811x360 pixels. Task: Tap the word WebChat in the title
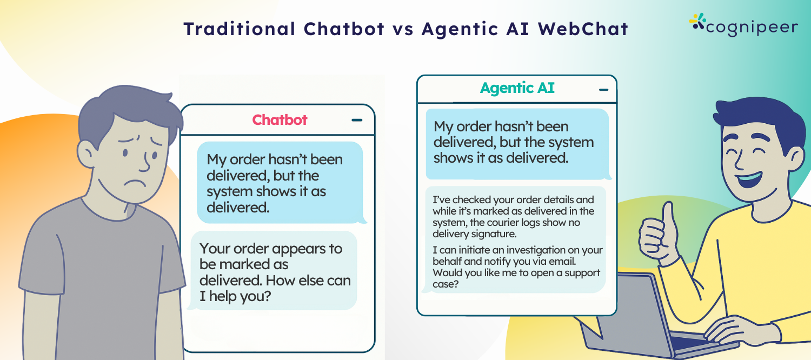583,29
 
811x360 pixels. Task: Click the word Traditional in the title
240,29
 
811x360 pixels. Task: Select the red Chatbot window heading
280,120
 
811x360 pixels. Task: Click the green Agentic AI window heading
517,88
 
